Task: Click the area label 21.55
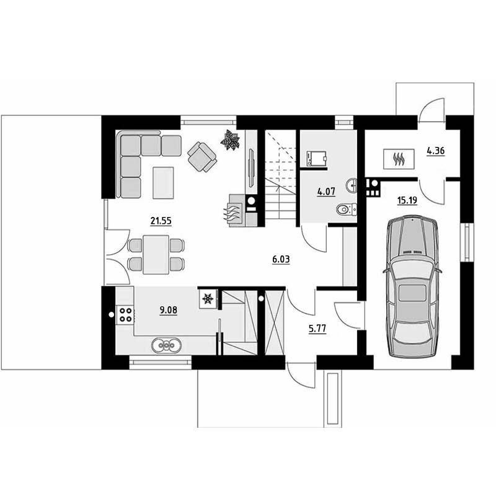pos(161,221)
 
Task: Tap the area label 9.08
pos(168,310)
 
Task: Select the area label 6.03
pos(281,259)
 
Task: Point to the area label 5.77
pos(317,329)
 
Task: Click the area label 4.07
pos(326,192)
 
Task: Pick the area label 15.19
pos(407,200)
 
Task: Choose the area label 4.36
pos(436,151)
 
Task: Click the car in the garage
pos(412,287)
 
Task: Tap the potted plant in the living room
pos(230,140)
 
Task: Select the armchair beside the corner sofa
pos(202,157)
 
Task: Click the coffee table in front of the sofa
pos(163,183)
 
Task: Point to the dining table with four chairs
pos(156,255)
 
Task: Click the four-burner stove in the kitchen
pos(125,315)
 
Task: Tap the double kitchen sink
pos(166,345)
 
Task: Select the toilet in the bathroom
pos(346,210)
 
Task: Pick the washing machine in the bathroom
pos(317,158)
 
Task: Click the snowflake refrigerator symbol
pos(208,298)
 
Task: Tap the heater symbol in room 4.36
pos(399,159)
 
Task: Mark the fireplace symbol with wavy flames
pos(236,210)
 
